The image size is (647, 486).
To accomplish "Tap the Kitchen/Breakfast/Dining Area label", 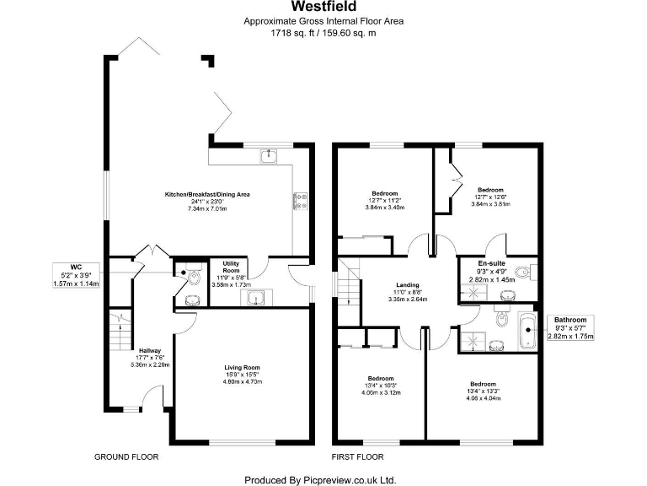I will coord(207,195).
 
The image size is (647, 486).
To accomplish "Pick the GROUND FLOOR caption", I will coord(126,456).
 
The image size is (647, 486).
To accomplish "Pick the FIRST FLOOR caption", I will coord(358,456).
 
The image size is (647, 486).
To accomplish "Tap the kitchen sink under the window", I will coord(268,154).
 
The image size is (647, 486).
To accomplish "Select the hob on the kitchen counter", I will coord(299,199).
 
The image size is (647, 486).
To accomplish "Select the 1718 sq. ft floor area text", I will coord(323,33).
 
